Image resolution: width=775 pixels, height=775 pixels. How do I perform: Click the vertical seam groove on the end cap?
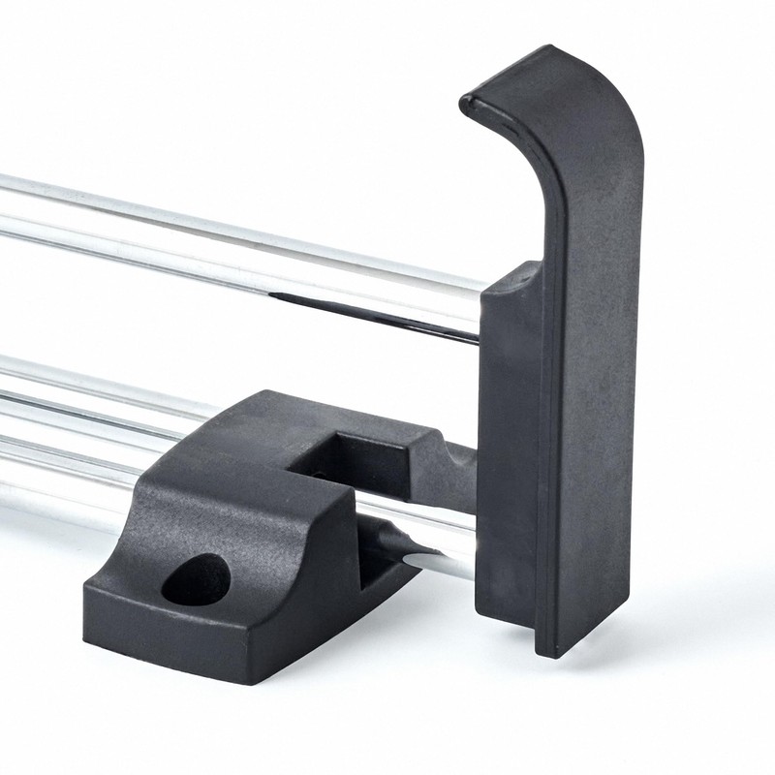tap(543, 436)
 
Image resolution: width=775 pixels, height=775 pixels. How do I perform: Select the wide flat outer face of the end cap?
tap(591, 387)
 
